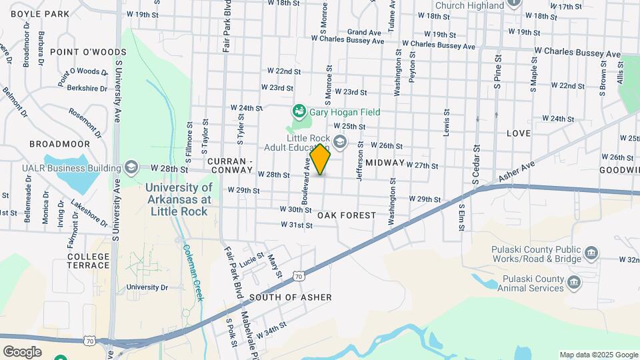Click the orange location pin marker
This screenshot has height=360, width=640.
321,159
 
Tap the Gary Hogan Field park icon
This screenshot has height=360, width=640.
300,111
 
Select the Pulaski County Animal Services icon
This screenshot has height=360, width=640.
573,283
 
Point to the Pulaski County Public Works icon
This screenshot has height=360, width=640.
591,253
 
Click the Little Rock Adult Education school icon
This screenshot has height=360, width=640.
340,141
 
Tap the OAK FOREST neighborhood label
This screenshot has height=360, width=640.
347,216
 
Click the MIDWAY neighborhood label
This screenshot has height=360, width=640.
385,163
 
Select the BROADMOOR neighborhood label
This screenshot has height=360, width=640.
59,143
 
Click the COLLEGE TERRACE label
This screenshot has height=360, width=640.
88,261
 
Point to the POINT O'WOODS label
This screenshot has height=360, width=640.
97,52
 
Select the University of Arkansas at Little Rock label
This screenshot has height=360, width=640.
179,199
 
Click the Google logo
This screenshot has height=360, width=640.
23,351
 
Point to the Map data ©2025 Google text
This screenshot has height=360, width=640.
598,355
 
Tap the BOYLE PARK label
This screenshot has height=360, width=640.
40,13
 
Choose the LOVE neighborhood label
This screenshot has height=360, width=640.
519,133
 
